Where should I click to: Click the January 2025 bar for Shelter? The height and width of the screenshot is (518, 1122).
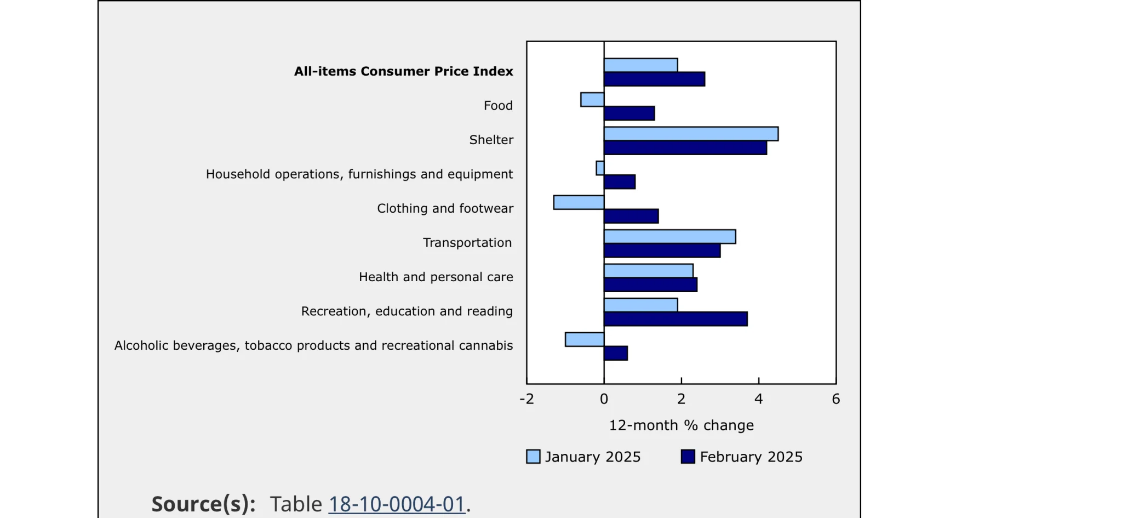tap(691, 134)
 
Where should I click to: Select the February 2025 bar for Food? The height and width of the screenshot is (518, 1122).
tap(629, 113)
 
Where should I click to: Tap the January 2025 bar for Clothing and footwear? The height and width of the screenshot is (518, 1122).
tap(579, 202)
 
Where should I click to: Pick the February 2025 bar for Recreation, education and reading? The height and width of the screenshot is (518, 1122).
tap(676, 319)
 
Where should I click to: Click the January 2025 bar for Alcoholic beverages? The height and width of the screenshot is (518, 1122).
tap(585, 339)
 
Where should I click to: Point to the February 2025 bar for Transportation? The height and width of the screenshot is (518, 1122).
tap(662, 251)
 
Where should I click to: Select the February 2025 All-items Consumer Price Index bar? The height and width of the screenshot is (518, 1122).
tap(654, 79)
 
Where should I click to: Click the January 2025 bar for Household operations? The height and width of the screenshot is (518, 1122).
tap(600, 168)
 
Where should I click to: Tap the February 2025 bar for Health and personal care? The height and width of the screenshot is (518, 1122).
tap(650, 284)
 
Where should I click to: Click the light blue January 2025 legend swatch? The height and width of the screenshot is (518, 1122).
tap(533, 457)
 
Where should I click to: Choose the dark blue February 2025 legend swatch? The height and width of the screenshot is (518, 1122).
tap(688, 457)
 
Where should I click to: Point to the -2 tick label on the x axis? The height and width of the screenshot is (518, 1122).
tap(526, 399)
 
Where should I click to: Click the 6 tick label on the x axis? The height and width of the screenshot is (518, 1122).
tap(835, 399)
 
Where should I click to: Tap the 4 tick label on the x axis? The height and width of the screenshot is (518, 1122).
tap(758, 399)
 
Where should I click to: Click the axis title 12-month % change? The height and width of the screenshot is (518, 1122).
tap(681, 425)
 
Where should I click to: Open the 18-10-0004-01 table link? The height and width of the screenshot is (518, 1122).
tap(397, 504)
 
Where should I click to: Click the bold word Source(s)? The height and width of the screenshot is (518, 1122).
tap(203, 504)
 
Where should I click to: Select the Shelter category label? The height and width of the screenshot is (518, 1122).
tap(491, 140)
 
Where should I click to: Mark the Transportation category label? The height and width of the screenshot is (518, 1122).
tap(467, 243)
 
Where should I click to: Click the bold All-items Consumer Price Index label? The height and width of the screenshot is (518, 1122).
tap(403, 71)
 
